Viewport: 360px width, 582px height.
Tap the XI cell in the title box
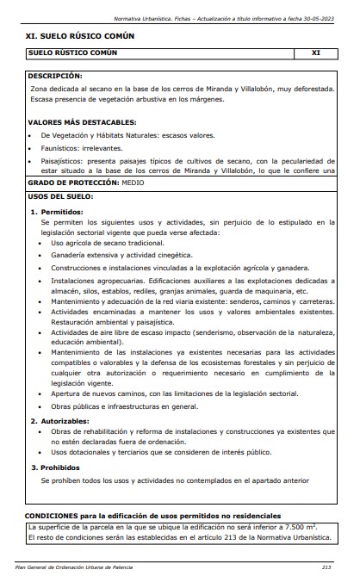click(x=315, y=53)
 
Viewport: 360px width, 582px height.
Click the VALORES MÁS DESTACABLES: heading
click(x=82, y=122)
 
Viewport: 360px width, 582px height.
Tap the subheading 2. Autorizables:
click(x=59, y=421)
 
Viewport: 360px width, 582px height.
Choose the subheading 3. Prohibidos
click(x=55, y=467)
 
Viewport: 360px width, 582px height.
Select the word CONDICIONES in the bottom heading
click(x=56, y=515)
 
